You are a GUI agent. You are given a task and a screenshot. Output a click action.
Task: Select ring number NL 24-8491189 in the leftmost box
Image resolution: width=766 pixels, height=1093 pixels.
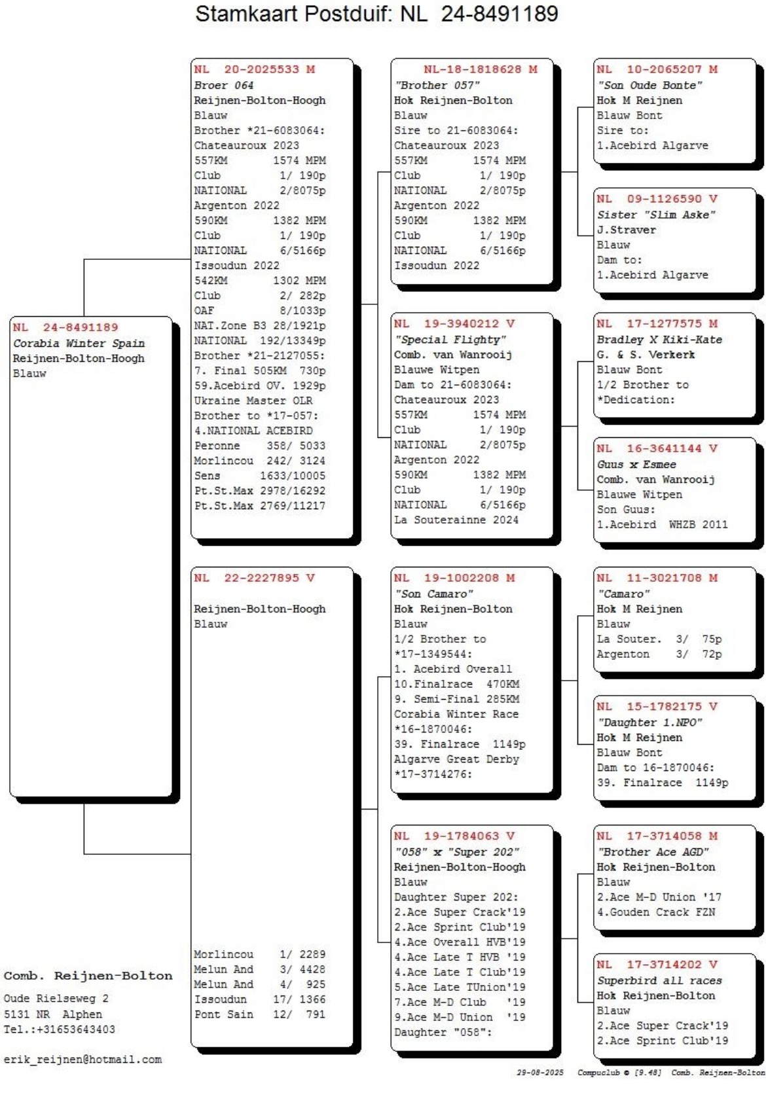coord(65,327)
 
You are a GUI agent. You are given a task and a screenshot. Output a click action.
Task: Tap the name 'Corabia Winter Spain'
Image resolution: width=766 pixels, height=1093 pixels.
coord(79,343)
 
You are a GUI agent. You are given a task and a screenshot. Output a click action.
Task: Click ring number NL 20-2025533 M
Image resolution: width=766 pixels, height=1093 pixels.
coord(254,69)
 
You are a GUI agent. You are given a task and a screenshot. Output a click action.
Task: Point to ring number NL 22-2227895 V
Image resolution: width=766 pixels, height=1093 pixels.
coord(254,578)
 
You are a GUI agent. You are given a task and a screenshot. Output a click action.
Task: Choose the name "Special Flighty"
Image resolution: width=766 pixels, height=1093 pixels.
coord(450,339)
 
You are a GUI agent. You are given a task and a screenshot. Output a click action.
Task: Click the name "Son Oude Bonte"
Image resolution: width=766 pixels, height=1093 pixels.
coord(649,85)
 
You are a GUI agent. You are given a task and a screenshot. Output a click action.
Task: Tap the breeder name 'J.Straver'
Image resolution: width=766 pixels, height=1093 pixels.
coord(626,230)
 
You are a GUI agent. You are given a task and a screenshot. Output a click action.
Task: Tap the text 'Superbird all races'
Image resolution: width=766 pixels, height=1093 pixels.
coord(659,980)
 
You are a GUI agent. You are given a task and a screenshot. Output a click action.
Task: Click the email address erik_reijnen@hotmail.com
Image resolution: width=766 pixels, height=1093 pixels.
coord(82,1060)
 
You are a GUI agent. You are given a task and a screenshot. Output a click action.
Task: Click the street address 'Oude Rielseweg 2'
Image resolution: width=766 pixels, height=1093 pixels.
coord(56,999)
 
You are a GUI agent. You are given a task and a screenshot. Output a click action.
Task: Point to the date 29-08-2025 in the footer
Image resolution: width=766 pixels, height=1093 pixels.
coord(539,1073)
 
